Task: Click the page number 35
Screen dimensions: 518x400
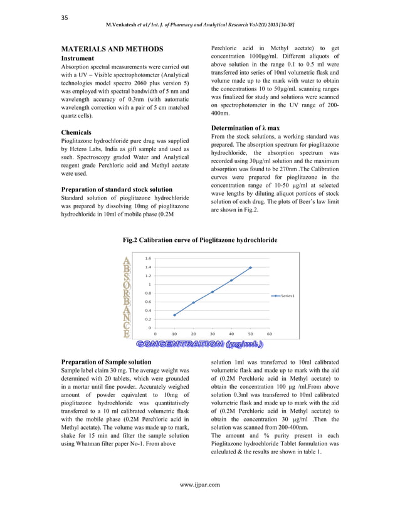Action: (64, 17)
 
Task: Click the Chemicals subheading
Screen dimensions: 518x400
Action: (76, 133)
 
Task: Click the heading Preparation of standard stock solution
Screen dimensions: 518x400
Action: (116, 189)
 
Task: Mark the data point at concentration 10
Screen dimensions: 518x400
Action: (174, 315)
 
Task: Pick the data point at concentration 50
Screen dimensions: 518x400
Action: (250, 268)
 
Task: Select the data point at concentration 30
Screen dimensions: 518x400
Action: (213, 292)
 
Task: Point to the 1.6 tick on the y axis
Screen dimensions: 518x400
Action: (147, 258)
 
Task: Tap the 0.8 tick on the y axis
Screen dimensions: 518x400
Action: (147, 293)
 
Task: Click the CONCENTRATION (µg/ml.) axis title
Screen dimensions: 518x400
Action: (199, 344)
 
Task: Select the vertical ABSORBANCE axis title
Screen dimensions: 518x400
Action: (127, 297)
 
